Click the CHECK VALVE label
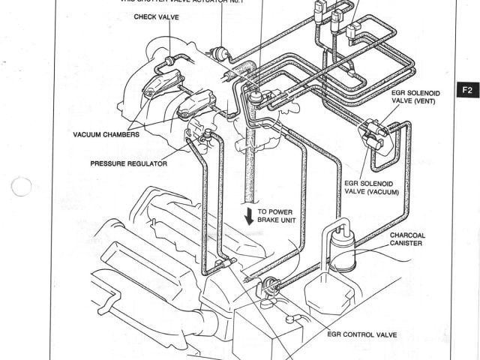[x=156, y=16]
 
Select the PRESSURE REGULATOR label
[x=128, y=163]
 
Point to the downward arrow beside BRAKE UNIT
[x=248, y=217]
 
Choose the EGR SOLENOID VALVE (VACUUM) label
[x=373, y=186]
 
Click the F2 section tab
[x=467, y=91]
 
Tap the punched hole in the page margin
[x=22, y=187]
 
